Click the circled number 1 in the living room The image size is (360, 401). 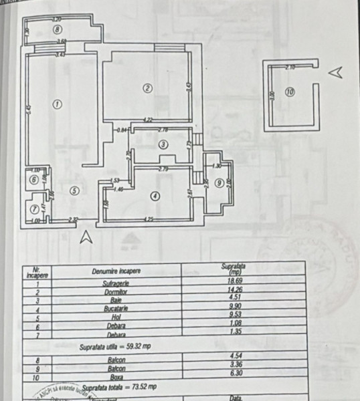[x=58, y=104]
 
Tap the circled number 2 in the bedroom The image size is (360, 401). [x=148, y=87]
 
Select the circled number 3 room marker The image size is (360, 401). [x=163, y=144]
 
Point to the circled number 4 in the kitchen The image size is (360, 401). [x=155, y=196]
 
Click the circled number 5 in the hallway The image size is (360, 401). [x=74, y=190]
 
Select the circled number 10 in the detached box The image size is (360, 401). [x=289, y=94]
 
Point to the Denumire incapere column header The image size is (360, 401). [x=116, y=271]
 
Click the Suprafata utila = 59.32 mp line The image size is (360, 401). [x=117, y=347]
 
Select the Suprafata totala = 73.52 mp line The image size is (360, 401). [x=117, y=386]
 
